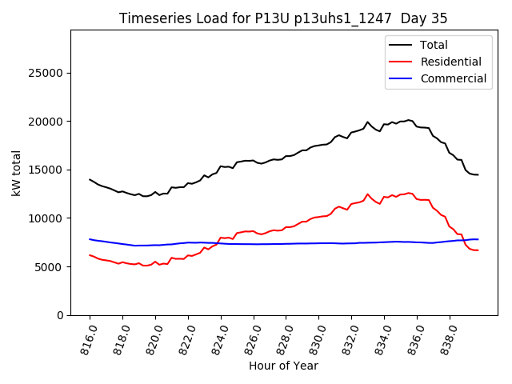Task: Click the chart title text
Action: click(x=283, y=18)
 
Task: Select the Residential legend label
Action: click(x=451, y=62)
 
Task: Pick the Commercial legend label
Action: click(x=454, y=78)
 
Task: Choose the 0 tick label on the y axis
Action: click(x=61, y=315)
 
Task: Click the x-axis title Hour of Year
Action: click(x=283, y=366)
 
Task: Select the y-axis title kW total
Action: click(x=16, y=172)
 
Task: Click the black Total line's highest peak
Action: click(x=408, y=120)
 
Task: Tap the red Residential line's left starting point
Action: click(x=90, y=255)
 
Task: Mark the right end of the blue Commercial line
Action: click(x=478, y=239)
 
